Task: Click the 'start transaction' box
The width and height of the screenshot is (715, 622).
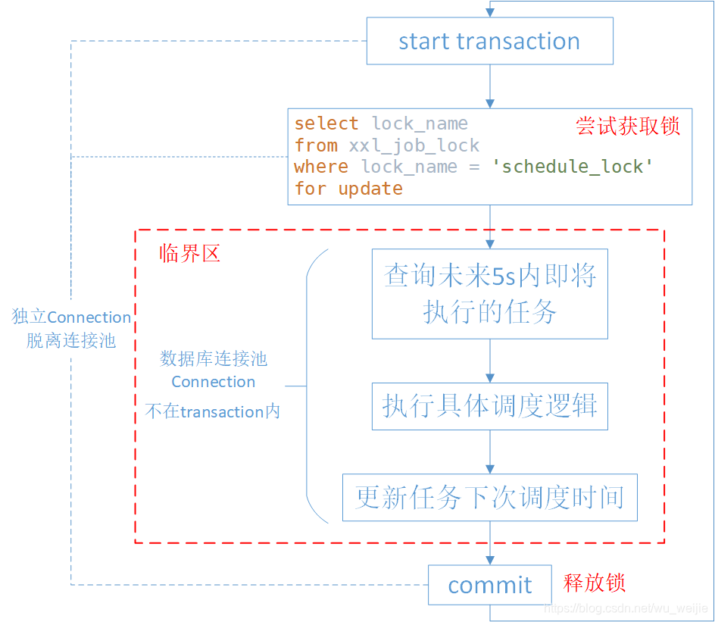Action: [x=489, y=41]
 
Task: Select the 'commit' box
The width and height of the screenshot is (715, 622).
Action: [x=489, y=585]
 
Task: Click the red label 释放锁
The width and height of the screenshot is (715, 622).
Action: [x=594, y=583]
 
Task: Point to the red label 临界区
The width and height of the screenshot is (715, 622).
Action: [x=189, y=254]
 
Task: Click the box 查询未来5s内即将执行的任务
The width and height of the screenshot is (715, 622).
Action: [x=489, y=293]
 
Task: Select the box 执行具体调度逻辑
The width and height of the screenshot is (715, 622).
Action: [x=489, y=406]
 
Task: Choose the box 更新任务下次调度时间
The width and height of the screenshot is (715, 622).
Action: [x=489, y=498]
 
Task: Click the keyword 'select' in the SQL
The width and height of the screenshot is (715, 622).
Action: [x=326, y=123]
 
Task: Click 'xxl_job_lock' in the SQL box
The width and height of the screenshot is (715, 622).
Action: [x=414, y=145]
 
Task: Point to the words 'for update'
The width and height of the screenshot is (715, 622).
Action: [x=348, y=189]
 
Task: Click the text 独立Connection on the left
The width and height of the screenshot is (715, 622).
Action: [x=72, y=317]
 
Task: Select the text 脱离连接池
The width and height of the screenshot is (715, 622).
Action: [x=71, y=341]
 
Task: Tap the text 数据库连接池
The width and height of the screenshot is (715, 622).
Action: [x=214, y=358]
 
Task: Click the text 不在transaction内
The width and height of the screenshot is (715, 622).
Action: [x=213, y=411]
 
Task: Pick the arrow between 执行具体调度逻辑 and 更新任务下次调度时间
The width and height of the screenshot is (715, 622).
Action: [x=490, y=452]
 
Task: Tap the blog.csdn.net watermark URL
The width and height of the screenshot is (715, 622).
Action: [x=626, y=608]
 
